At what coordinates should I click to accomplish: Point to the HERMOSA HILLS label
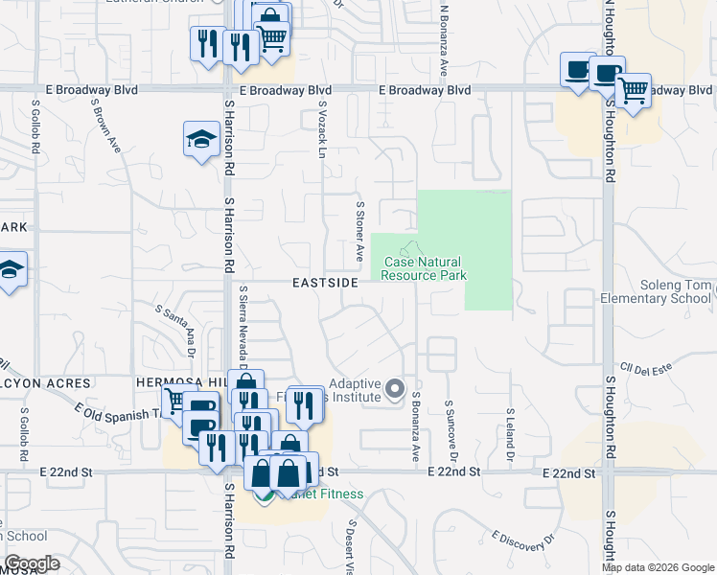coord(178,383)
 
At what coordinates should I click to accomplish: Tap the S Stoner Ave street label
coord(360,231)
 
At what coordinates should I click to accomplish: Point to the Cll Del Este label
coord(641,367)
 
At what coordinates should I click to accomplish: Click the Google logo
coord(32,564)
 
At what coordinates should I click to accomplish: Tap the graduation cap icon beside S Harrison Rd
coord(201,140)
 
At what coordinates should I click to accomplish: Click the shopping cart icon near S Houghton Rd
coord(633,92)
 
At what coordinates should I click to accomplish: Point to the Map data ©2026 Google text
coord(658,567)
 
